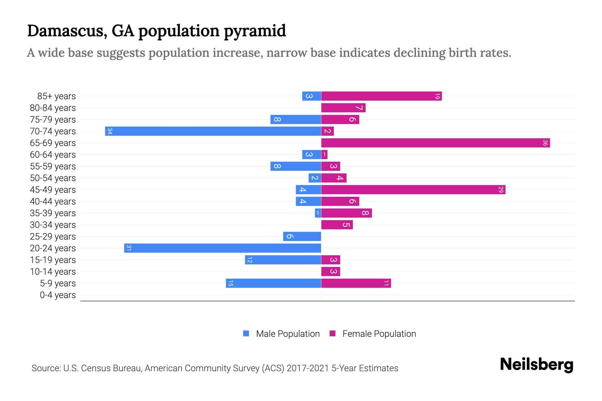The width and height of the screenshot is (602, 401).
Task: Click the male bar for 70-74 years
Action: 213,131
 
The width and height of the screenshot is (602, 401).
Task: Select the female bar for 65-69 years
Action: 435,143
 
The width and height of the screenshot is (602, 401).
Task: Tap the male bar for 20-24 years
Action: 222,248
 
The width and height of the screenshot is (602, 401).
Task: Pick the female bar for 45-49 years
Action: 413,189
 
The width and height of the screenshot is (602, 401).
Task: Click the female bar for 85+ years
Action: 381,96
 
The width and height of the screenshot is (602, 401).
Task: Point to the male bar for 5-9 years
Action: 273,283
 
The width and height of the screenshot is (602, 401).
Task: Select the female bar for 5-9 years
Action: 356,283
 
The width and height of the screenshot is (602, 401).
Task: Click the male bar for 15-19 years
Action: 283,260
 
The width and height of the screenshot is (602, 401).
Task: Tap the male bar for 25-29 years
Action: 302,236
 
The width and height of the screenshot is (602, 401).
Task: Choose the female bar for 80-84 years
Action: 343,108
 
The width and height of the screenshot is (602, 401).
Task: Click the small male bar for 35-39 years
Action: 318,213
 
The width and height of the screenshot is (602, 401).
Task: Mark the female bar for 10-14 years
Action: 330,271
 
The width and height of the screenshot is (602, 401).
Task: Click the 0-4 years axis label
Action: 58,295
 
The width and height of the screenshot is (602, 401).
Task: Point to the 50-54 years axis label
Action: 53,178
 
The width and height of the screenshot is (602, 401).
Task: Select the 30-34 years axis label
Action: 53,225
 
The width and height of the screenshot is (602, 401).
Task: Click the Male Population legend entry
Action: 288,333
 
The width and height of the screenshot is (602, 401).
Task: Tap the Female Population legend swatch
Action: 332,333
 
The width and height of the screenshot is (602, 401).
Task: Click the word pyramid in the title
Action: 255,31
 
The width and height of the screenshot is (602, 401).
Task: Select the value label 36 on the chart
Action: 545,143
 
